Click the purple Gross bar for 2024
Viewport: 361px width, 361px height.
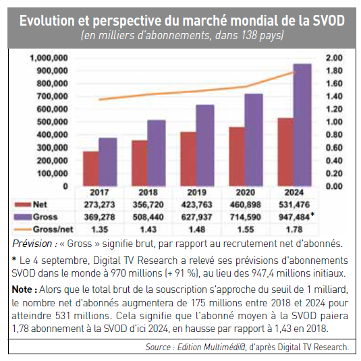click(302, 125)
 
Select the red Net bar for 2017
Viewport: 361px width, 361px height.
click(91, 169)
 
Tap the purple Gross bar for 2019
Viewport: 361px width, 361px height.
click(205, 146)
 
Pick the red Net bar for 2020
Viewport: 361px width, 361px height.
click(237, 157)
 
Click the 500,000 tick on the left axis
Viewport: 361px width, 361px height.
click(52, 121)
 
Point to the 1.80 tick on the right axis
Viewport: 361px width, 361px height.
click(334, 71)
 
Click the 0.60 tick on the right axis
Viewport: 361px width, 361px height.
click(334, 148)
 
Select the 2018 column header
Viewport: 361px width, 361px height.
click(148, 192)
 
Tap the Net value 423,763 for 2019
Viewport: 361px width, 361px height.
click(196, 204)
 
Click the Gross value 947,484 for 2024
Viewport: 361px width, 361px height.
click(294, 217)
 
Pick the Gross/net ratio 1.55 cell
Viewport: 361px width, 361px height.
click(246, 229)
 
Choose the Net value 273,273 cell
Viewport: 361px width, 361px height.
click(99, 204)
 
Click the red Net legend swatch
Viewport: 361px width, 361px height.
click(22, 204)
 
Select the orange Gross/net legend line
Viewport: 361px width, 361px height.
click(22, 229)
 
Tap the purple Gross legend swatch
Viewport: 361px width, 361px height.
click(22, 217)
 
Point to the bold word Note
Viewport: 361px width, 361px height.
click(22, 289)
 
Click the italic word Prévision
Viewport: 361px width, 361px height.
click(32, 244)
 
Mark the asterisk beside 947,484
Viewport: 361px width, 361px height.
click(312, 215)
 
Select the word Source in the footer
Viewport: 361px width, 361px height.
click(158, 347)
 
